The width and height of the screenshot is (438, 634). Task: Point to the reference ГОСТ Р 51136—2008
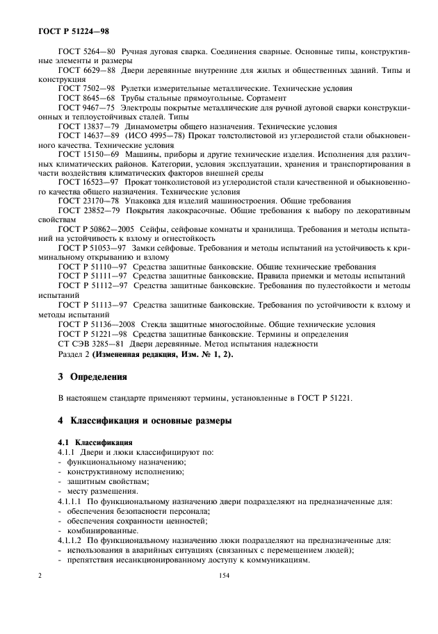coord(97,322)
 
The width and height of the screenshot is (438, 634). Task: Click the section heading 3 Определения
coord(92,377)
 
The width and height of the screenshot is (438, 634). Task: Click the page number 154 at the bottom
coord(224,575)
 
